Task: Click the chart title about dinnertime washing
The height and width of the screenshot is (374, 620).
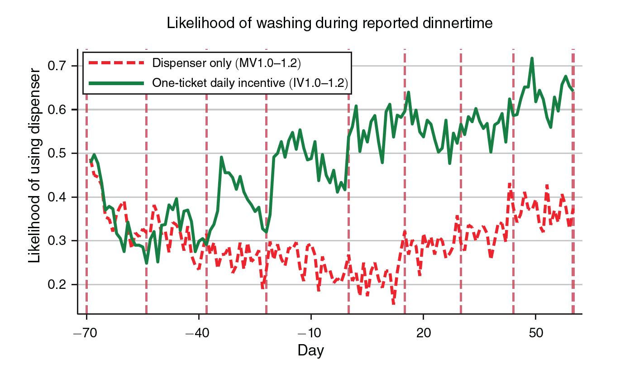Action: (x=329, y=23)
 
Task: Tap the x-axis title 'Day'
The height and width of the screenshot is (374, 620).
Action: (x=310, y=350)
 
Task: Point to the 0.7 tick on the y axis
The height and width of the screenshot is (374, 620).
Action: (x=57, y=66)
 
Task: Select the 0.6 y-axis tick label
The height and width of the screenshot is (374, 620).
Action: (x=57, y=110)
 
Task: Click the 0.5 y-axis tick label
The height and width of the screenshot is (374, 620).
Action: (x=57, y=153)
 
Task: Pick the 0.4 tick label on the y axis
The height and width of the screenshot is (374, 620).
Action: (x=57, y=197)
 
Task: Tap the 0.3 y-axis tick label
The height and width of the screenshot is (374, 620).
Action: (x=57, y=241)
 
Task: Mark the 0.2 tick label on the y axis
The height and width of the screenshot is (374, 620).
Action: (x=57, y=285)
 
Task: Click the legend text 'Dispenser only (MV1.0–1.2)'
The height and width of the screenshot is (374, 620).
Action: (x=227, y=63)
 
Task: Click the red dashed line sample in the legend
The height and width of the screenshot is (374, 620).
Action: (x=116, y=63)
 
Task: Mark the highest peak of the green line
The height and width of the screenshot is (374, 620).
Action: (x=532, y=58)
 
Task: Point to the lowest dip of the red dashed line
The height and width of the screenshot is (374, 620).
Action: (x=394, y=303)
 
